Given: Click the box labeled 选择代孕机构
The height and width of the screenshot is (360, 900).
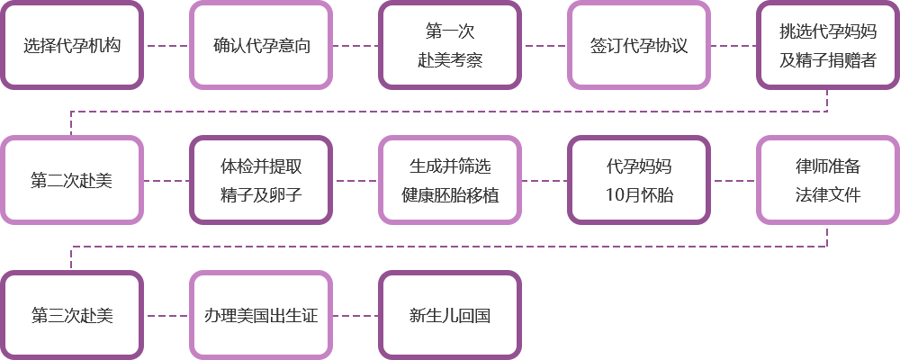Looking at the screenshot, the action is [x=72, y=45].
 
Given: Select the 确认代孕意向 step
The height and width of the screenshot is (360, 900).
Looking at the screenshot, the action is [x=261, y=45].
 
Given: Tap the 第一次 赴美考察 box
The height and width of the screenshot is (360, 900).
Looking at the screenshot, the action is [x=450, y=45].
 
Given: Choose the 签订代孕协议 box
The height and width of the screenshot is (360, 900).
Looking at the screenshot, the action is [x=639, y=45].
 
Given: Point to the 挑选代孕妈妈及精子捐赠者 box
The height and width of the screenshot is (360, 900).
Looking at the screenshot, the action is [x=828, y=45].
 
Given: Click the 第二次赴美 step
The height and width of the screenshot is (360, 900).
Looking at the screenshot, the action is [x=72, y=180].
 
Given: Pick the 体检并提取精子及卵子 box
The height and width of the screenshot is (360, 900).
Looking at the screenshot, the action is [x=261, y=180].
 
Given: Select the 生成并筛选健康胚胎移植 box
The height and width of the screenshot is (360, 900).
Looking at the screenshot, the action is [x=450, y=180].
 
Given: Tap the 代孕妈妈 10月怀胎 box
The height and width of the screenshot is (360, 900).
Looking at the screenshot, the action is [x=639, y=180].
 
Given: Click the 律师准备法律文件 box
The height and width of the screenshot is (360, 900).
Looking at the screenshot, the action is [x=828, y=180].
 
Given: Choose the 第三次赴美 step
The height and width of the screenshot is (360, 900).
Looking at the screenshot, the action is [x=72, y=315].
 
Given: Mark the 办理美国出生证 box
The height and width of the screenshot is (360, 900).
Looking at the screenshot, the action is [x=261, y=315].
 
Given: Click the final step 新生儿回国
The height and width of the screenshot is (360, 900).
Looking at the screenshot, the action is [x=450, y=315].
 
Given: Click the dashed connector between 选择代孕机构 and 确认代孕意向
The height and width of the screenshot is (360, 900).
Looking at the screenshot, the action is [x=167, y=45].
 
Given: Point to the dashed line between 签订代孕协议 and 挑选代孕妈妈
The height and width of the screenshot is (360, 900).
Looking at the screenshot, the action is [x=733, y=45].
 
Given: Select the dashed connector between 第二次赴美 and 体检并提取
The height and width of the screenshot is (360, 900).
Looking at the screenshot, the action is [x=166, y=180].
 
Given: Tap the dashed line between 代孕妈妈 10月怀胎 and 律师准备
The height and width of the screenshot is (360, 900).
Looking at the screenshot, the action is [x=733, y=180].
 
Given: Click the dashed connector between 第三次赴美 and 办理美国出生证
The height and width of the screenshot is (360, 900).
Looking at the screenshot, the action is [x=167, y=315].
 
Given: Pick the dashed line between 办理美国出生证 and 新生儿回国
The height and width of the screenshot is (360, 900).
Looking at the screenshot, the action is [x=355, y=315].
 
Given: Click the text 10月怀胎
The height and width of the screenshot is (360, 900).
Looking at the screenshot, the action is [x=639, y=195].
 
